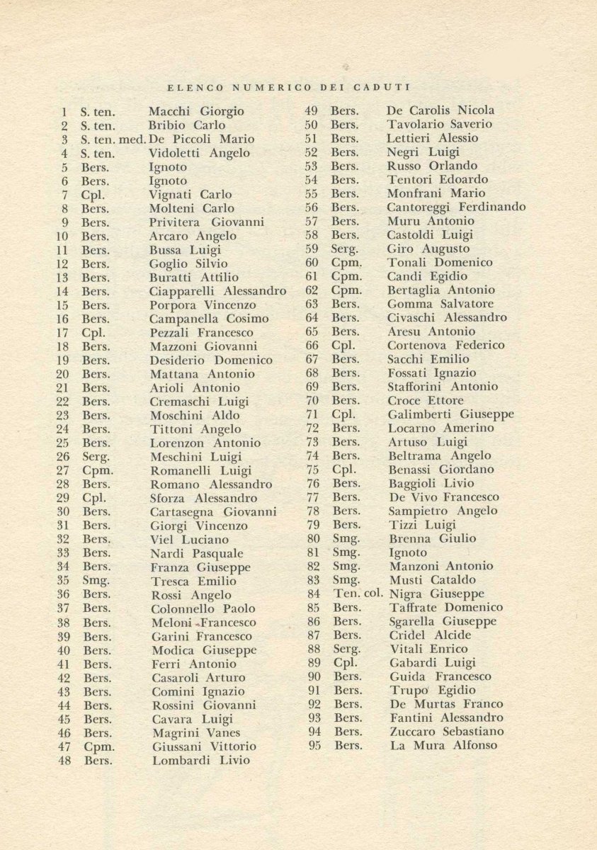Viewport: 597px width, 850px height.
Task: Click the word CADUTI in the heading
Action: coord(387,87)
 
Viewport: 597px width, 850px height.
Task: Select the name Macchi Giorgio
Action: coord(196,111)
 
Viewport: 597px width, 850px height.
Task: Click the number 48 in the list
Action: coord(64,761)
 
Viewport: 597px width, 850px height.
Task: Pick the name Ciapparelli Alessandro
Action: coord(217,291)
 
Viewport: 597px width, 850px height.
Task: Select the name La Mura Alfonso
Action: coord(444,745)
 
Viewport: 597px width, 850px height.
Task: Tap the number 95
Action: coord(315,745)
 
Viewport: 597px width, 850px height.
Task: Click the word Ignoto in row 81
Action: coord(408,552)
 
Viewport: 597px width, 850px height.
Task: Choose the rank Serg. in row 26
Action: coord(96,457)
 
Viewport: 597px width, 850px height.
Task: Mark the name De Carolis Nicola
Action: coord(440,110)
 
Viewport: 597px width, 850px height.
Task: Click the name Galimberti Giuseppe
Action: coord(451,414)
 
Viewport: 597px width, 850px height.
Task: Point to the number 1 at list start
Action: coord(64,111)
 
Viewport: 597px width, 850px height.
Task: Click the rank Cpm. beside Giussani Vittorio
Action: coord(99,747)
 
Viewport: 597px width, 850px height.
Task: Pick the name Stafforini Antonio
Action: coord(443,387)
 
